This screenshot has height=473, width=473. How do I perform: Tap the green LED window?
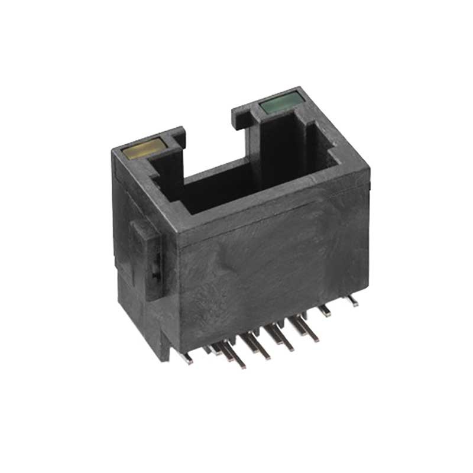279,104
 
